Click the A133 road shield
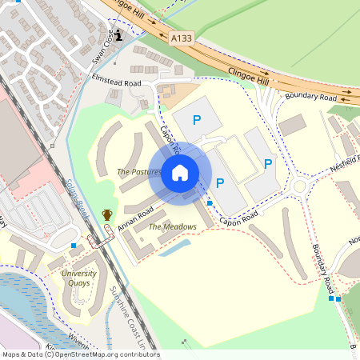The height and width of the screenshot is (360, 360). point(181,36)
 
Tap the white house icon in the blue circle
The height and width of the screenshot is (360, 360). point(180,173)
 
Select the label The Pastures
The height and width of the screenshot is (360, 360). point(139,172)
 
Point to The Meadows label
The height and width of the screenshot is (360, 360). point(172,226)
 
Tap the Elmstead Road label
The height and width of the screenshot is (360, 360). point(117,82)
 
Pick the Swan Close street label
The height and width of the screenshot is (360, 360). point(102,47)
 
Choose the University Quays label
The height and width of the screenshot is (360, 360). point(79,278)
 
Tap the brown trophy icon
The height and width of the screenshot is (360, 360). point(106,214)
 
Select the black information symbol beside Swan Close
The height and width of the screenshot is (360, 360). point(119,35)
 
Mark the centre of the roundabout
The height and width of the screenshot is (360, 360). point(300,187)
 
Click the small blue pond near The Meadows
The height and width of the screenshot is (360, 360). point(174,247)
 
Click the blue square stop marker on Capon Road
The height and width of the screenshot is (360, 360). point(210,203)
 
